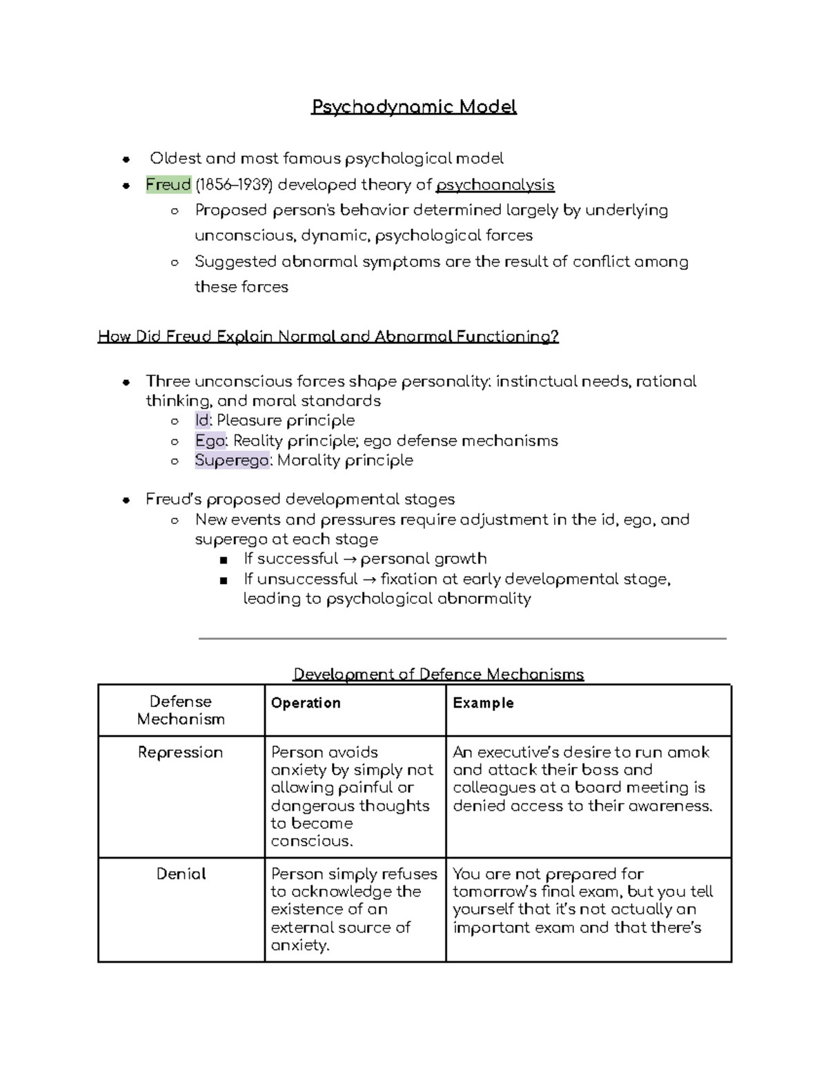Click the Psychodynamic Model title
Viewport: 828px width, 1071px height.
413,107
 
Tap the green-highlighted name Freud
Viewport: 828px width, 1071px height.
168,185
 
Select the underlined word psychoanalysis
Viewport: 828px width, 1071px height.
495,185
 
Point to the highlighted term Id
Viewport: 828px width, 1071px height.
201,421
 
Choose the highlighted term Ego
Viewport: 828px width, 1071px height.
210,441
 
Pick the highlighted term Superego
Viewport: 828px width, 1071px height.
231,461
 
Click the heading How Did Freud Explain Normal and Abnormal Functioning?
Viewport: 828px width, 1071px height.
328,337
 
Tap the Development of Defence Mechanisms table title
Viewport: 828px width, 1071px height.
438,674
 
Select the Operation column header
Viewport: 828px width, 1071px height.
306,703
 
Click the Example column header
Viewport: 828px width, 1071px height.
483,703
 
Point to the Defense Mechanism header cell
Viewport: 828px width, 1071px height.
181,710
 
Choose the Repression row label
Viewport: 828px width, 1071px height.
180,752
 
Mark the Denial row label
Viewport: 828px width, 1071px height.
181,874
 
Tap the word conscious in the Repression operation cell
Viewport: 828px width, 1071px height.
311,841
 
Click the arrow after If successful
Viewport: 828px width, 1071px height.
349,559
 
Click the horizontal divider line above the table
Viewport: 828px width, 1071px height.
462,639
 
